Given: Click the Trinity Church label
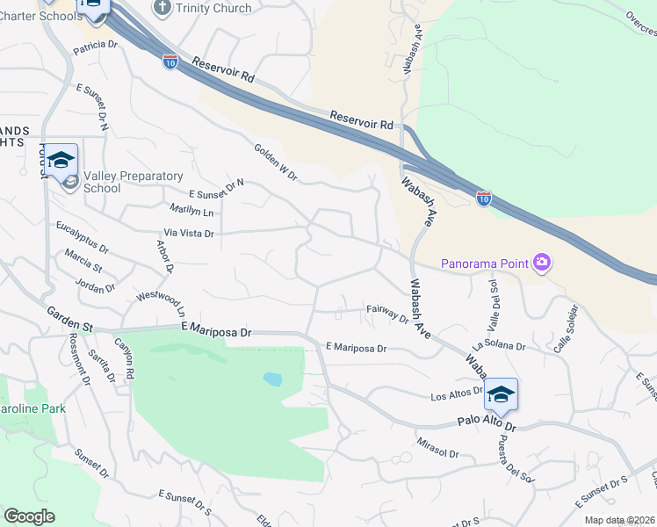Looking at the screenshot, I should coord(213,8).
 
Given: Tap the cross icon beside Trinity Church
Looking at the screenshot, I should coord(161,8).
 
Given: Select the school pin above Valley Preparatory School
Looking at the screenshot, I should coord(61,161).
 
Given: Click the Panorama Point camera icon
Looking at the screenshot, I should coord(543,262).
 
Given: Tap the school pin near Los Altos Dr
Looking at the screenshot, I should coord(501,394).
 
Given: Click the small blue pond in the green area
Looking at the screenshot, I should coord(272,379).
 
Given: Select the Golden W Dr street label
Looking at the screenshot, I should coord(277,163).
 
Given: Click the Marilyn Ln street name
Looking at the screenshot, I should coord(191,212).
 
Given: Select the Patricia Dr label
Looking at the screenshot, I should coord(95,47).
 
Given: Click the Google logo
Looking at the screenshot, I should coord(29,516).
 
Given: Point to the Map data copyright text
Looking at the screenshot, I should coord(620,520).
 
